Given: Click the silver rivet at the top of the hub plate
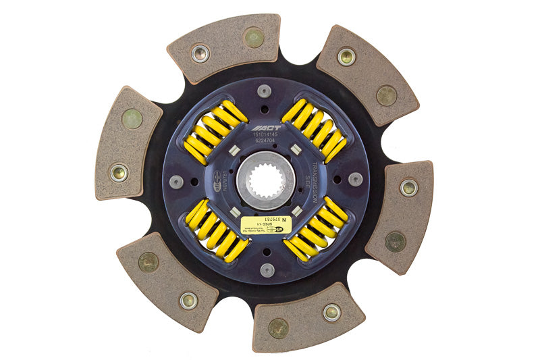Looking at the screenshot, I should point(265,91).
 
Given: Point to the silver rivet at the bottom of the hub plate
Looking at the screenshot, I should point(267,269).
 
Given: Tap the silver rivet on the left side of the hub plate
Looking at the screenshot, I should point(176,182).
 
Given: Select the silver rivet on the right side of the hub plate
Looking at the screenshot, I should point(355,179).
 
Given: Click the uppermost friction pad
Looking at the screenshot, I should point(225,47).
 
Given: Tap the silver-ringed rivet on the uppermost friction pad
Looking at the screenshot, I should point(200,53).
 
